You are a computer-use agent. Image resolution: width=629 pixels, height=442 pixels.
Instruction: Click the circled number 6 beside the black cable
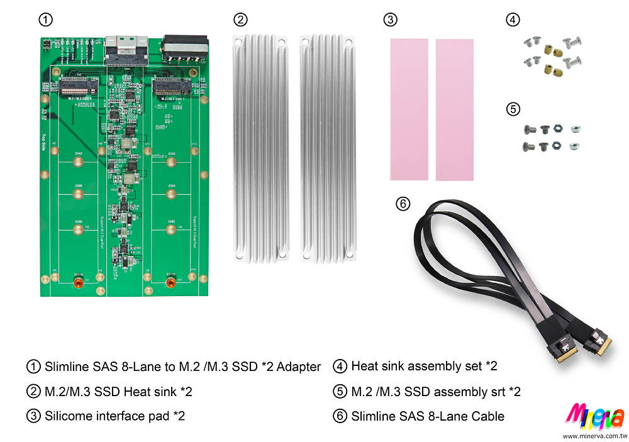tap(403, 203)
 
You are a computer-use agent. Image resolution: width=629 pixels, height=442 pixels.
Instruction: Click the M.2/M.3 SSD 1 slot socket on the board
tap(170, 86)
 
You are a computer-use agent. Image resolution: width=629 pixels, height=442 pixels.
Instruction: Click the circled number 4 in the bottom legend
tap(340, 366)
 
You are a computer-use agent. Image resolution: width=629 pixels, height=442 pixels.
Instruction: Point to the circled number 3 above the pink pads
tap(390, 19)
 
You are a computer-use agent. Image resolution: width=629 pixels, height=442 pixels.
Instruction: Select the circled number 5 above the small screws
tap(513, 109)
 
